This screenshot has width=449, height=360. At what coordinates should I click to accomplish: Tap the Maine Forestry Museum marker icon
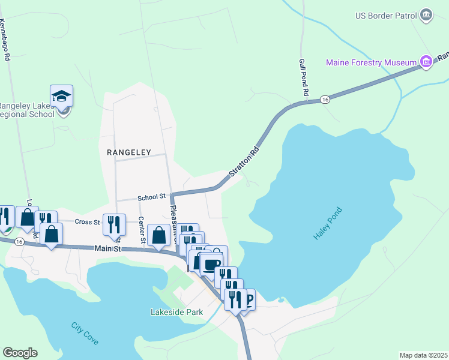[x=426, y=62]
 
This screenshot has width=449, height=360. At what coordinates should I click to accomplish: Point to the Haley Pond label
[x=328, y=224]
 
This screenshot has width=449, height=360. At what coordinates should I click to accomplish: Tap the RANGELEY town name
[x=128, y=152]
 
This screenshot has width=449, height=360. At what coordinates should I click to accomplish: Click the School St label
[x=151, y=196]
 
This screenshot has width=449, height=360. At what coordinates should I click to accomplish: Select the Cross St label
[x=87, y=221]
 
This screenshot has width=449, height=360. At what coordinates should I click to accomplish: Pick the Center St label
[x=142, y=230]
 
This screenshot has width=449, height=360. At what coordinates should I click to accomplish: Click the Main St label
[x=108, y=248]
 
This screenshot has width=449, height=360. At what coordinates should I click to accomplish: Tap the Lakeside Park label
[x=176, y=312]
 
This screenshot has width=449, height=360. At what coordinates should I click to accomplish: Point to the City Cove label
[x=85, y=334]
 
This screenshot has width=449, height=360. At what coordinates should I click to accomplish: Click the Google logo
[x=20, y=353]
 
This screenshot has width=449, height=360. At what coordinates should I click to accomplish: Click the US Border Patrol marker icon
[x=426, y=14]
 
